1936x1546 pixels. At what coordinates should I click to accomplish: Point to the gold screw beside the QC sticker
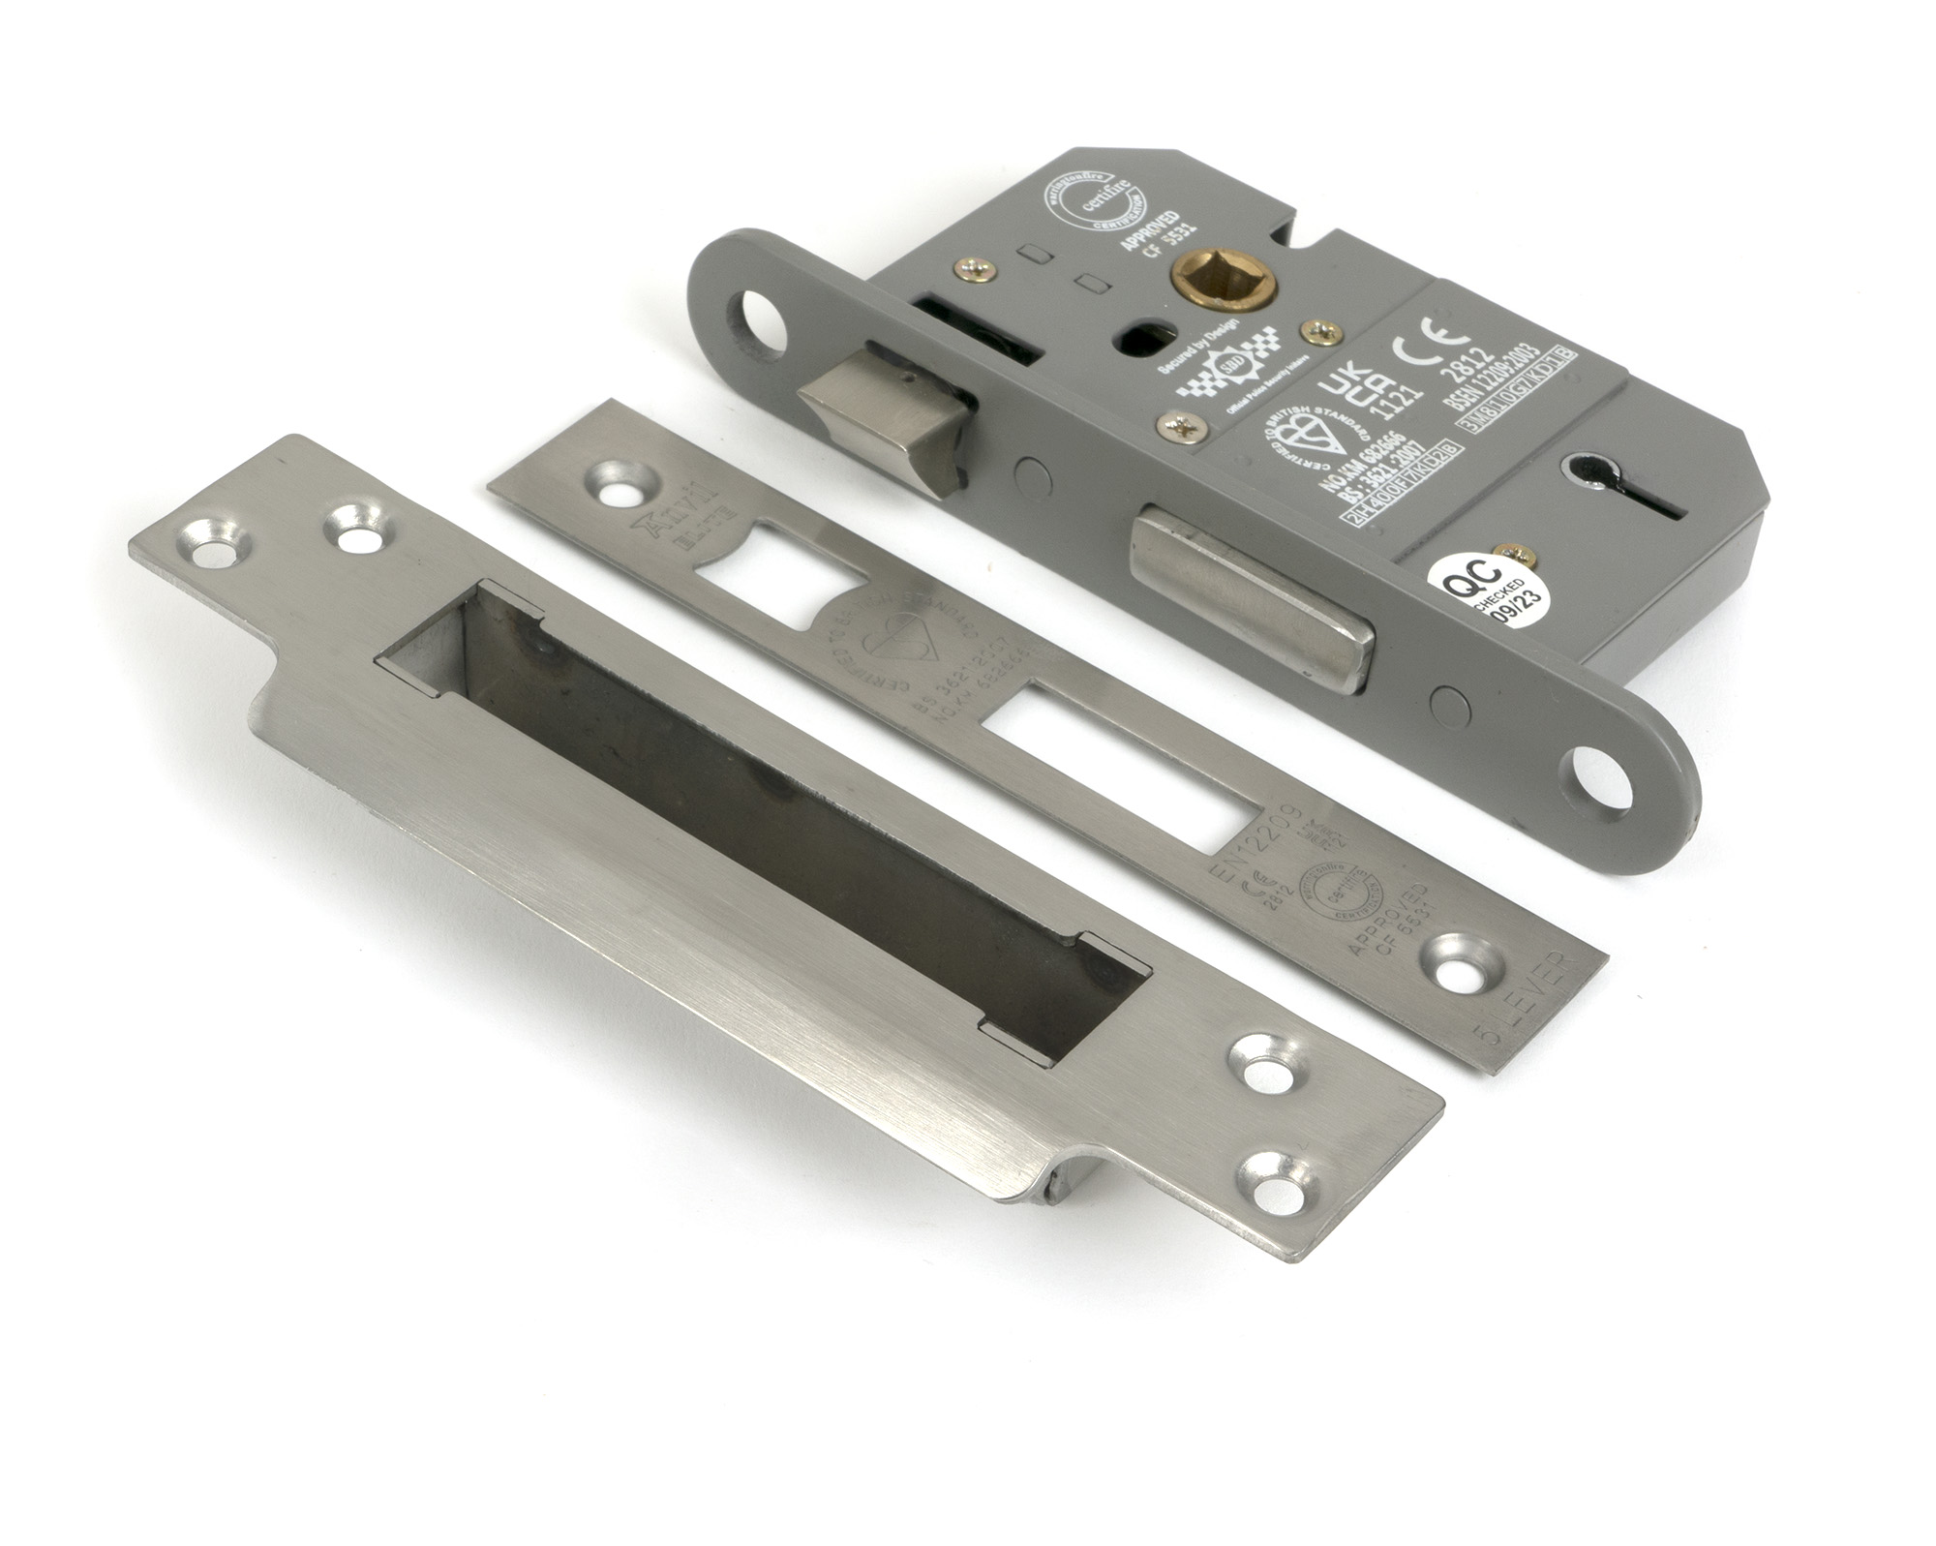(1503, 553)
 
